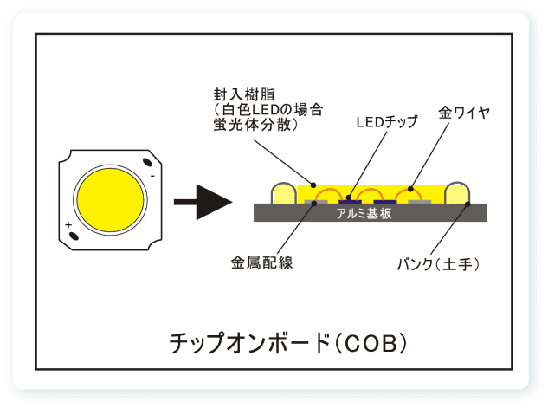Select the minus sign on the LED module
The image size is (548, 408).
click(152, 176)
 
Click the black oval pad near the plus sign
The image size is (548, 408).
click(74, 236)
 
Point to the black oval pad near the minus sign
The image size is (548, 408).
click(150, 162)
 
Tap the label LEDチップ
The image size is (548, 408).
click(386, 122)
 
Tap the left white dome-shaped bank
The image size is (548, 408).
click(283, 194)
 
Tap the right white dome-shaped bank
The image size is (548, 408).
click(457, 194)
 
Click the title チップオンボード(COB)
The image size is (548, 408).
click(287, 342)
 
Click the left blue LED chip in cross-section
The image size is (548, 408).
click(332, 201)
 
